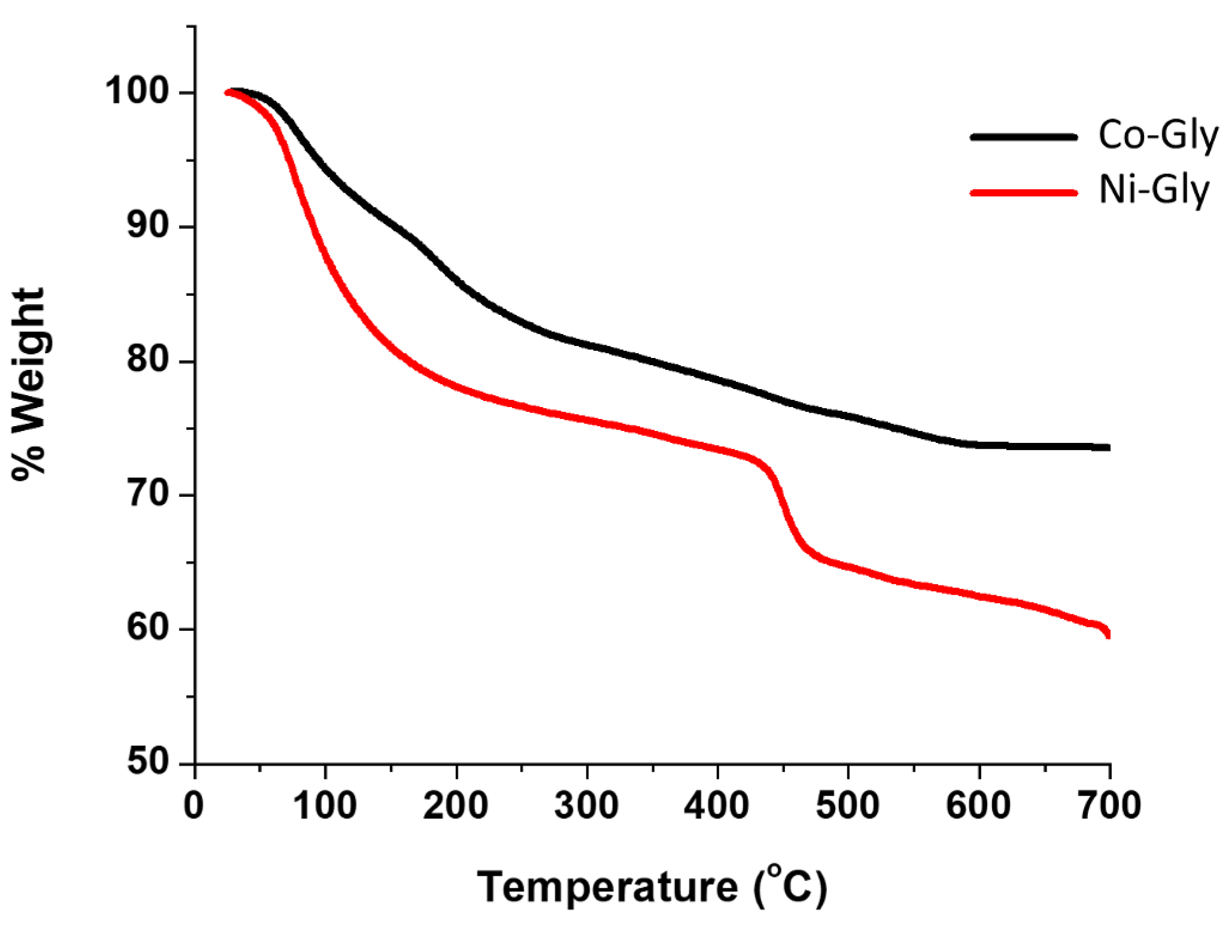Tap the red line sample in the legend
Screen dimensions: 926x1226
[1024, 192]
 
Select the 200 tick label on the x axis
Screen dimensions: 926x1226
[456, 805]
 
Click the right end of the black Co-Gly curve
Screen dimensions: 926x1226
[1108, 448]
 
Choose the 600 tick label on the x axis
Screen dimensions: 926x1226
[979, 805]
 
